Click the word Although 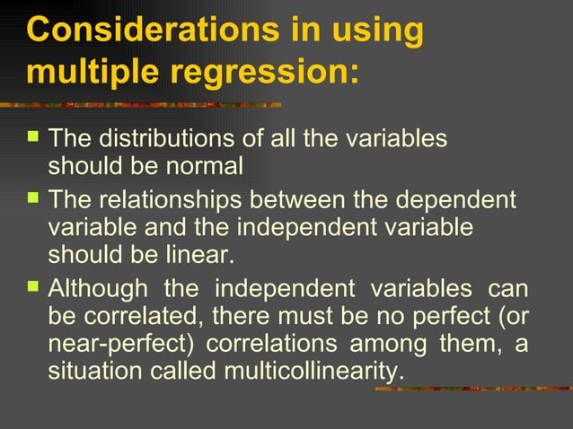[x=98, y=289]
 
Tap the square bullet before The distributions [x=34, y=137]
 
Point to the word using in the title [x=376, y=30]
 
